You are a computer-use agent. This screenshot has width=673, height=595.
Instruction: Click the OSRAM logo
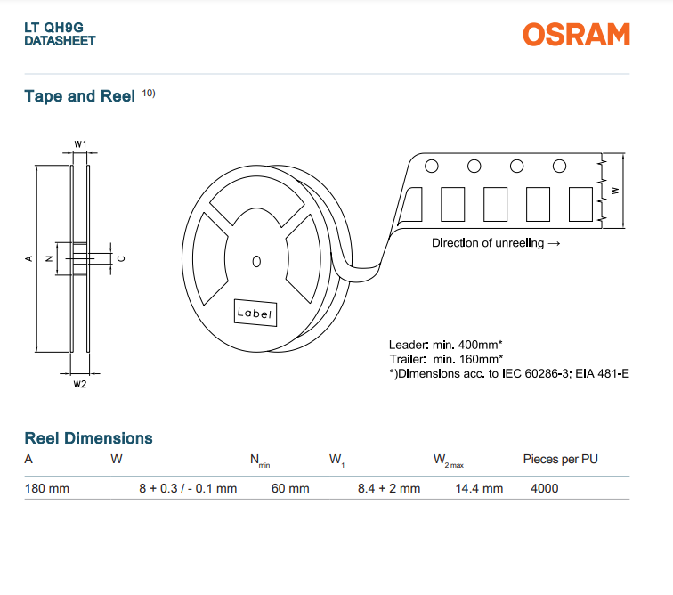(x=576, y=34)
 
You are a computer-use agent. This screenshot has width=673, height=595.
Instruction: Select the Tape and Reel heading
(x=80, y=96)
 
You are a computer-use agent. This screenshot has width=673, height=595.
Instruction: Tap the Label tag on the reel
(x=255, y=313)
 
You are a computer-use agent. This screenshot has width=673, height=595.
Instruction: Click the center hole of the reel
(x=256, y=261)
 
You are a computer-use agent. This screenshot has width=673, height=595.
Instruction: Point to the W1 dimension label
(x=80, y=143)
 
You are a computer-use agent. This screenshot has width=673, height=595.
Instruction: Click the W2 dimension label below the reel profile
(x=80, y=384)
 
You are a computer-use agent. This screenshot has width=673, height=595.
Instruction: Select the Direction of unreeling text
(x=495, y=243)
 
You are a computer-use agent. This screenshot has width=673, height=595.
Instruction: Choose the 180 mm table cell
(x=47, y=488)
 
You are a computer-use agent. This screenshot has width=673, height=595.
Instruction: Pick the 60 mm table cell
(x=290, y=488)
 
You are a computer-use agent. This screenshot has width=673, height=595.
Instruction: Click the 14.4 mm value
(x=479, y=488)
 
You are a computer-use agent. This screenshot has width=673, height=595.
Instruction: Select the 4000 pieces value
(x=544, y=488)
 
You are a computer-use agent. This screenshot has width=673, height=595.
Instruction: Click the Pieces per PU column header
(x=560, y=460)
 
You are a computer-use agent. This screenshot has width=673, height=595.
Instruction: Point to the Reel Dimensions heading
(x=89, y=438)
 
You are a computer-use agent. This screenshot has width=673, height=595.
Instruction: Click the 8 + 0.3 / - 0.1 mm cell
(x=188, y=488)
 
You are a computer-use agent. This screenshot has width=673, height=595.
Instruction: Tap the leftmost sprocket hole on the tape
(x=433, y=166)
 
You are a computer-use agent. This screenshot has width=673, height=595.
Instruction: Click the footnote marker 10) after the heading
(x=149, y=92)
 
